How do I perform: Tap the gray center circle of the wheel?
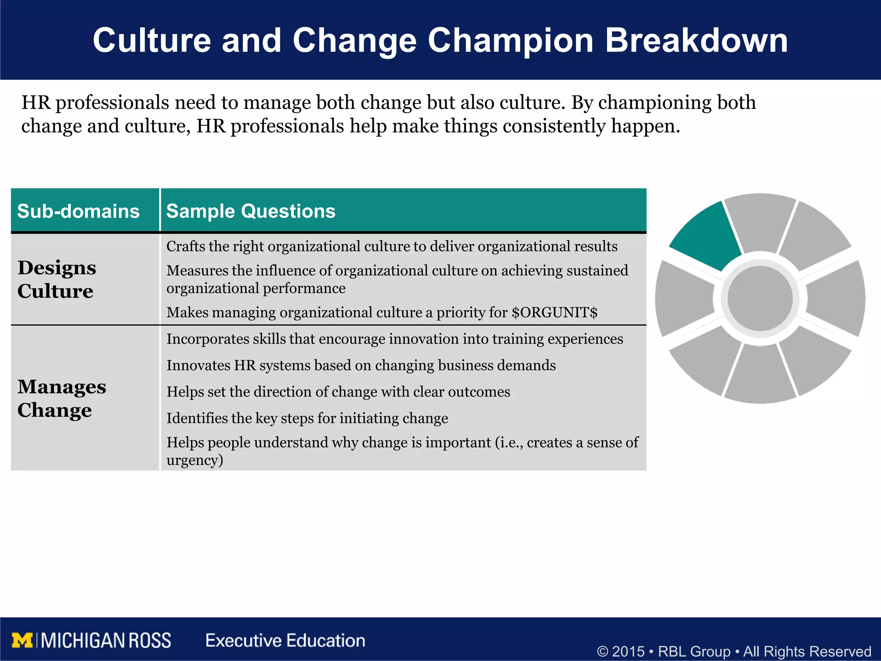760,298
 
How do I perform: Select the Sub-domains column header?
78,211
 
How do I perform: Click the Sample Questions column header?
251,211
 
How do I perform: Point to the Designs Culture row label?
56,279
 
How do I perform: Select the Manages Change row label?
62,398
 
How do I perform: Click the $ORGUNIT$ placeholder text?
554,312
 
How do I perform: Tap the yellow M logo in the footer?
22,640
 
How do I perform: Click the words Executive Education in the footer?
285,640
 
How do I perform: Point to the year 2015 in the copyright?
628,651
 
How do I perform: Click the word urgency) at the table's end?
195,460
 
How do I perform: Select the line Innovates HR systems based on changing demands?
361,365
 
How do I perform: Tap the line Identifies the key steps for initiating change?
307,418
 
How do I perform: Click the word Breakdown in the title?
696,41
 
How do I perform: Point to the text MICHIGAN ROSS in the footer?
106,640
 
